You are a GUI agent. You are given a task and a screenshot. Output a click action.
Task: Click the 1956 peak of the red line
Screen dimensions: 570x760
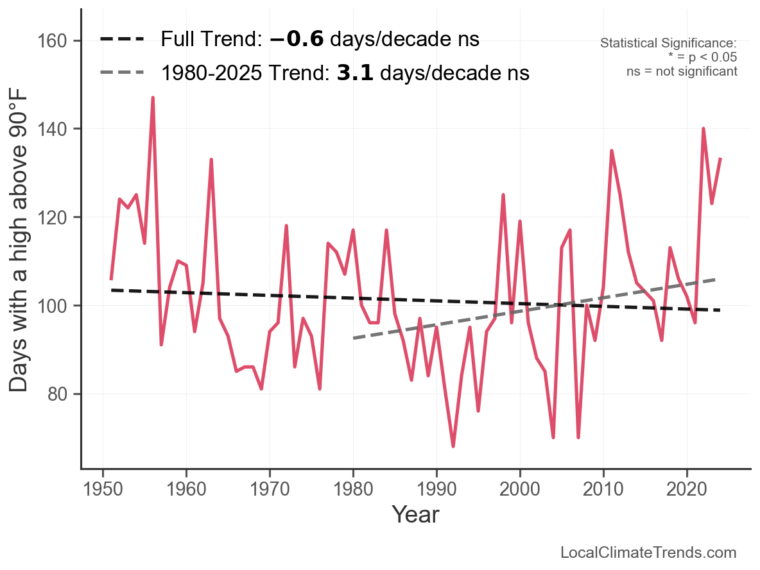tap(153, 98)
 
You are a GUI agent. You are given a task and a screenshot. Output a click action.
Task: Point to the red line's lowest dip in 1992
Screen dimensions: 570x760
tap(453, 446)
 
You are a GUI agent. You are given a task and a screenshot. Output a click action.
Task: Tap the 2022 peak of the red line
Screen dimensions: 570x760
tap(704, 129)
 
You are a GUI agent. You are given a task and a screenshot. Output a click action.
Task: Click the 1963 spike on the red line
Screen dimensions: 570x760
tap(211, 160)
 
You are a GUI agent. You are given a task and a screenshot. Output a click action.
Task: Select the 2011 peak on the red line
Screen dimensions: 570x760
tap(612, 151)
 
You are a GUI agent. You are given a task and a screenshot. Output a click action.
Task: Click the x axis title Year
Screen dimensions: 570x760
tap(415, 514)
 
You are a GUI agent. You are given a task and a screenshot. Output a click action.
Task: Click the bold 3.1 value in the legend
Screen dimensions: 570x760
tap(356, 73)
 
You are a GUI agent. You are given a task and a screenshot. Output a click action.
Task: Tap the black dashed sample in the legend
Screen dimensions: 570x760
tap(122, 39)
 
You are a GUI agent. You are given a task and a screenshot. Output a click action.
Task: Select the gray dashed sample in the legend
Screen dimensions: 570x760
tap(122, 73)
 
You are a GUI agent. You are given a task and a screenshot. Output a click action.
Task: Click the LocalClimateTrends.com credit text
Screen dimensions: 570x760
tap(648, 553)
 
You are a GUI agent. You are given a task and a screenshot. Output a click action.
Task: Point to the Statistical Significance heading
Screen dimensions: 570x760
tap(668, 43)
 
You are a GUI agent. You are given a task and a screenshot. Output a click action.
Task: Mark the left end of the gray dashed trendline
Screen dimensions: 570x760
tap(354, 337)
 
